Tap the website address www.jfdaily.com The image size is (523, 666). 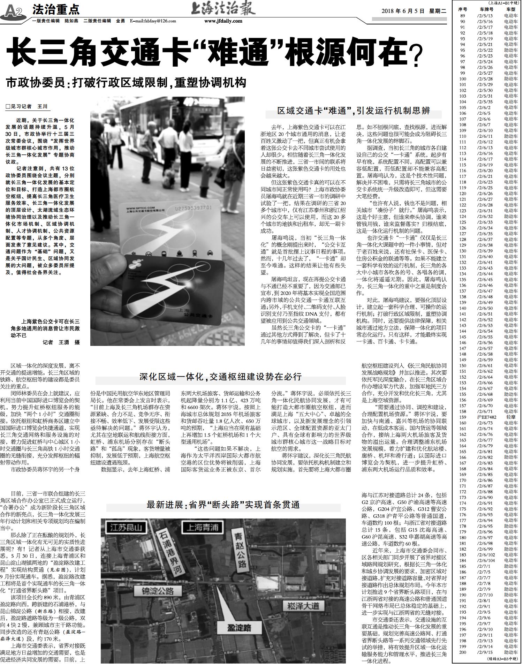[x=223, y=21]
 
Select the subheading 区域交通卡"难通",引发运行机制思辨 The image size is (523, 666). [x=354, y=111]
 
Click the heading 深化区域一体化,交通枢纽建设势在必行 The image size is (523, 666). [x=220, y=376]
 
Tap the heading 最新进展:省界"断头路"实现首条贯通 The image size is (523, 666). [x=223, y=505]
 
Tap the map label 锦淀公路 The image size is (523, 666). [x=158, y=591]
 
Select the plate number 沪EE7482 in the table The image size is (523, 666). [x=487, y=417]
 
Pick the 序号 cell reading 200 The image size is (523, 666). [x=463, y=652]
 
